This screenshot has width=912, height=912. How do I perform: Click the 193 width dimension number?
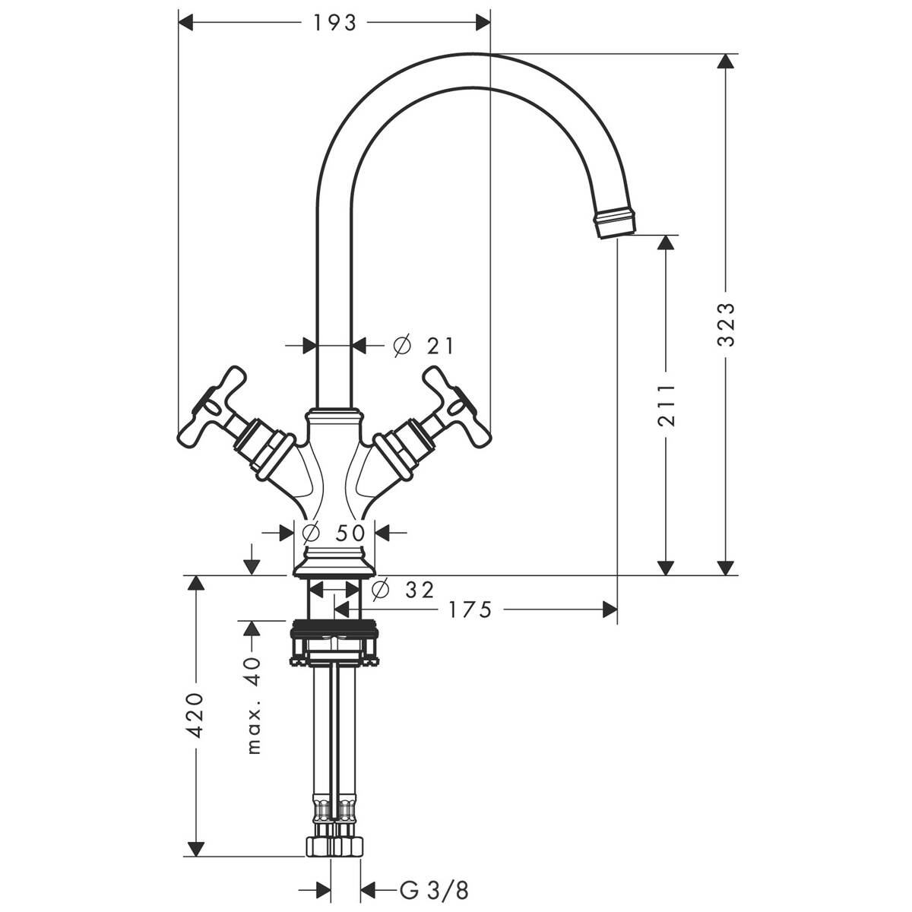(334, 24)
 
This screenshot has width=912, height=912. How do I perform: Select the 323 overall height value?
(727, 325)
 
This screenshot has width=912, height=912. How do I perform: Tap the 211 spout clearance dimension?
(666, 406)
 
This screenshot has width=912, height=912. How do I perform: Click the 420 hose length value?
(196, 714)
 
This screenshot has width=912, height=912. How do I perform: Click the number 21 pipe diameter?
(440, 347)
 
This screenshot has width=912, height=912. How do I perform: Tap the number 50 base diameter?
(350, 533)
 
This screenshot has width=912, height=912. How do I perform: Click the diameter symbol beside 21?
(402, 347)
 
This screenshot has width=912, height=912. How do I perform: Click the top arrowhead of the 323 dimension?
(727, 62)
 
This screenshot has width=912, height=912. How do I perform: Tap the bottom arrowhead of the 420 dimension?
(196, 847)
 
